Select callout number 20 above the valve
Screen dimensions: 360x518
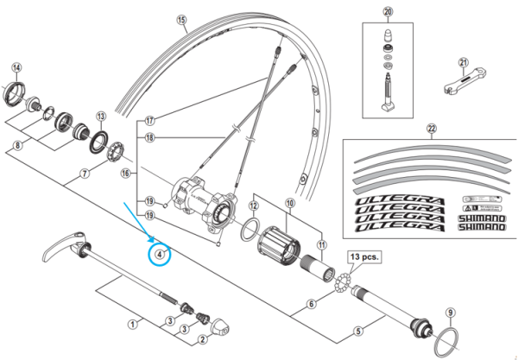388,12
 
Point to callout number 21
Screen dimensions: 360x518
464,63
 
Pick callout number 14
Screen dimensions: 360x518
16,67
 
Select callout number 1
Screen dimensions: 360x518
132,324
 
